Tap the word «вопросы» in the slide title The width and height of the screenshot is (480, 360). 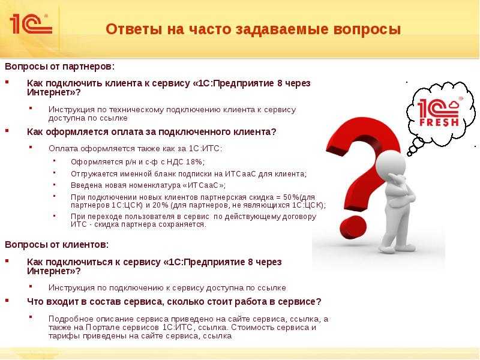pos(367,30)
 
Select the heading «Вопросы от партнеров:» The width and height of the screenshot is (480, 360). pos(59,67)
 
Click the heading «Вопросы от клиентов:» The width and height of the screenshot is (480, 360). pos(56,245)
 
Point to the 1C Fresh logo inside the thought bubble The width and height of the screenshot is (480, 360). pos(439,112)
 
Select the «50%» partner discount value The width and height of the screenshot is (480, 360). pos(292,197)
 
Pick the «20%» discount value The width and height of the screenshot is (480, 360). pos(160,205)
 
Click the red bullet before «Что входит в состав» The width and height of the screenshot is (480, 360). pos(7,301)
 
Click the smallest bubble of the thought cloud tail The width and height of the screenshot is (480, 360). pos(410,154)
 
